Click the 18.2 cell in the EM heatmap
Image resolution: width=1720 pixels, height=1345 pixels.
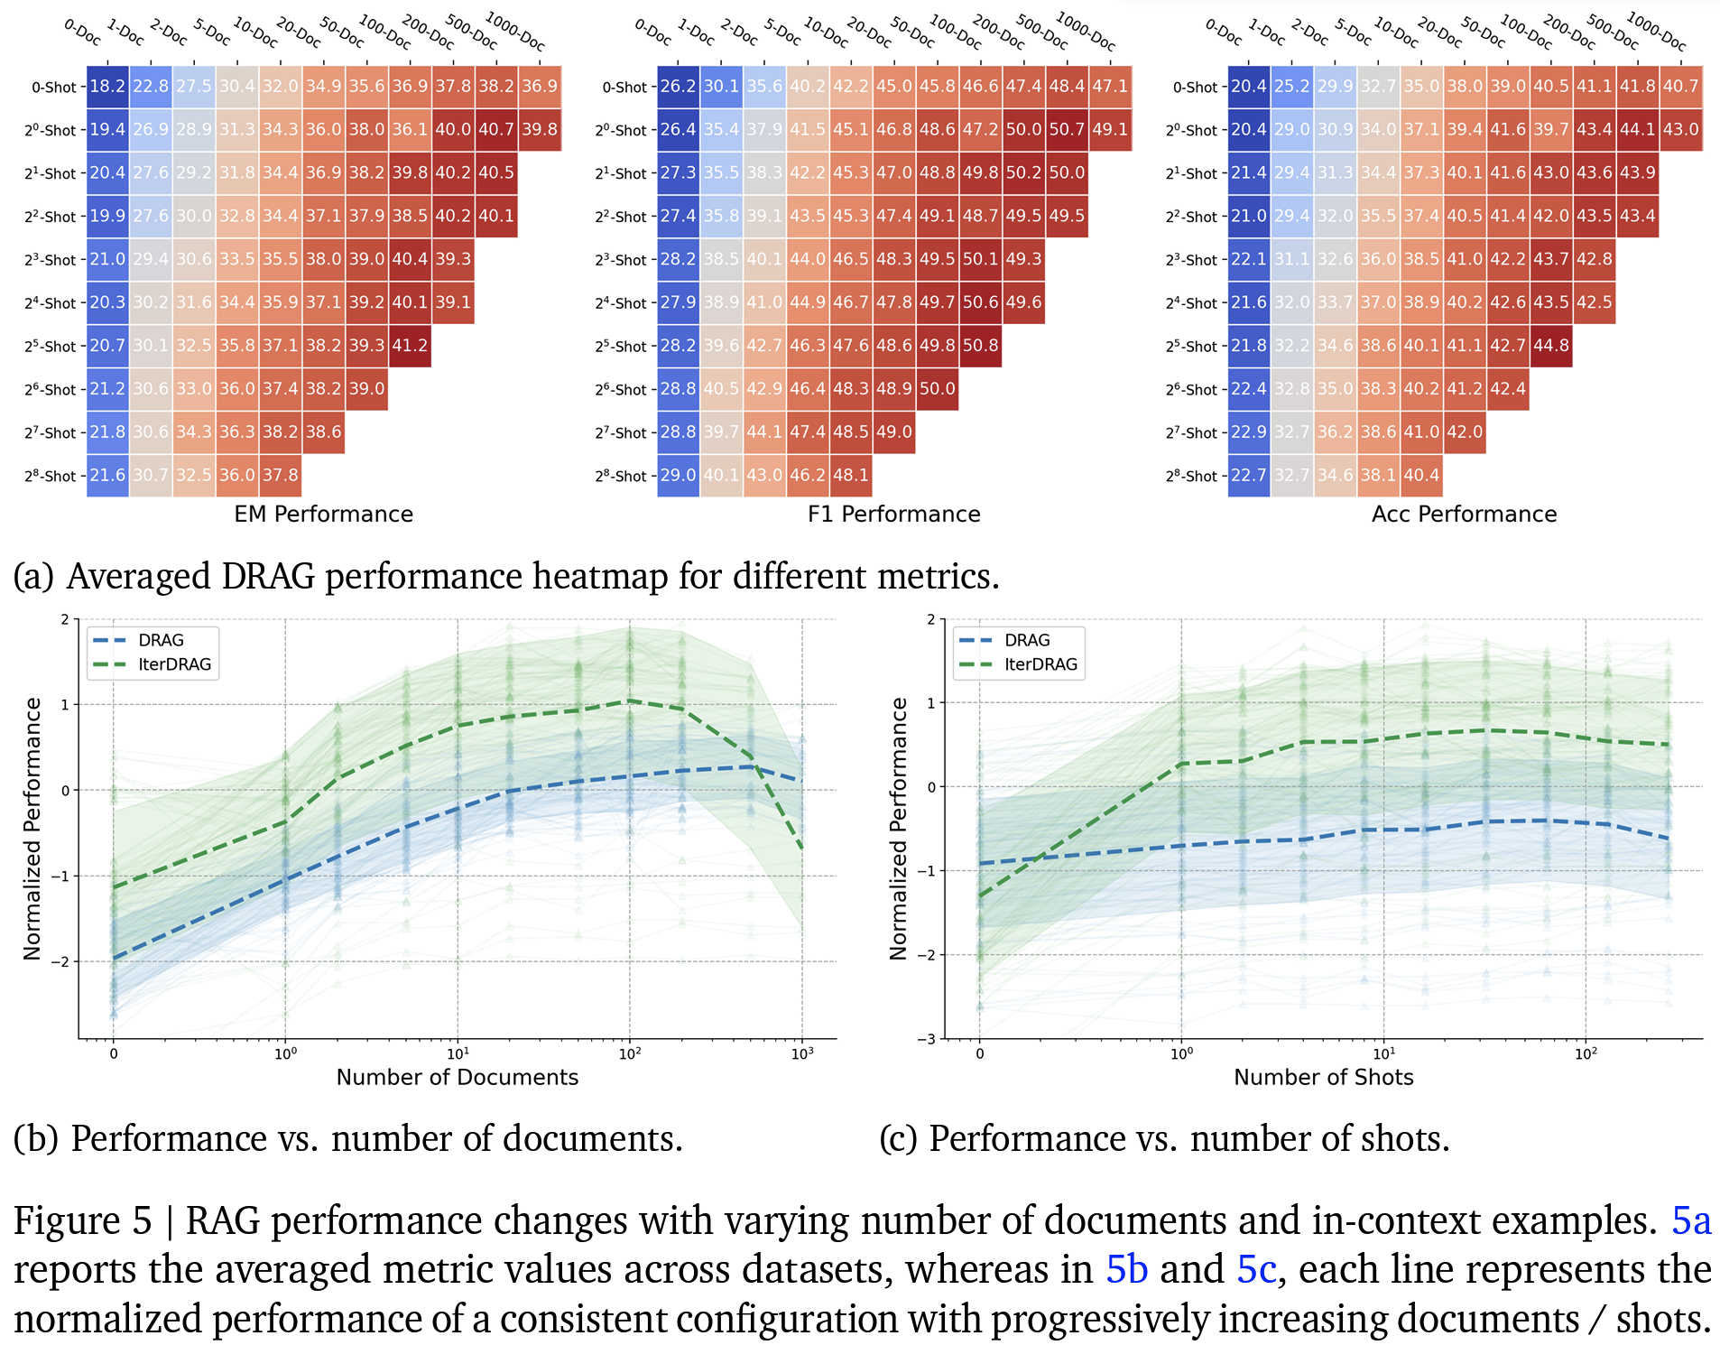(x=107, y=87)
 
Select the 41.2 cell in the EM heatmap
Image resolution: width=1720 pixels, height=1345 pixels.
(x=410, y=346)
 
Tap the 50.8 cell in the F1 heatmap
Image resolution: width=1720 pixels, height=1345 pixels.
(x=980, y=346)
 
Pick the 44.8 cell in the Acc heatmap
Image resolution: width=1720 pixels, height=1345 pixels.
(x=1550, y=346)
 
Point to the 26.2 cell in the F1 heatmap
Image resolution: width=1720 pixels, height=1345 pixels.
(x=678, y=87)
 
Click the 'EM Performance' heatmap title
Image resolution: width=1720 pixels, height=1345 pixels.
(x=323, y=515)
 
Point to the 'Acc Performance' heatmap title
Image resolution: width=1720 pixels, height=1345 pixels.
(x=1464, y=515)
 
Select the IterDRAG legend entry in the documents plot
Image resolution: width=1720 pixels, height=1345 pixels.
(x=174, y=664)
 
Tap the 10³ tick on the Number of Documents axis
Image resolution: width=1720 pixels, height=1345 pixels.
(x=801, y=1053)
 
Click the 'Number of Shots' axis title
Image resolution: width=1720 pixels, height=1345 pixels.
(x=1323, y=1077)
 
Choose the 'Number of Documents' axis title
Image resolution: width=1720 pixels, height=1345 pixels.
(x=457, y=1077)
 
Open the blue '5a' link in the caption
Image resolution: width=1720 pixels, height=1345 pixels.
(x=1690, y=1221)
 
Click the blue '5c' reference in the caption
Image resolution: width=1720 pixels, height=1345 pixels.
(x=1256, y=1270)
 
